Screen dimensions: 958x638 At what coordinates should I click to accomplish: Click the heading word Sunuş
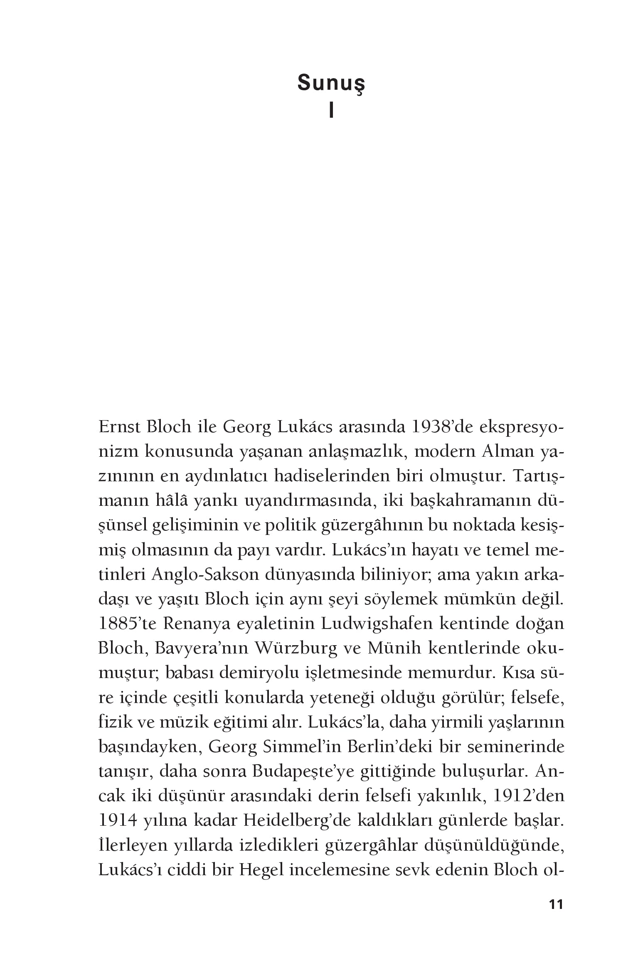click(x=331, y=84)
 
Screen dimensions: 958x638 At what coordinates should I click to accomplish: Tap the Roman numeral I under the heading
click(x=331, y=111)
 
